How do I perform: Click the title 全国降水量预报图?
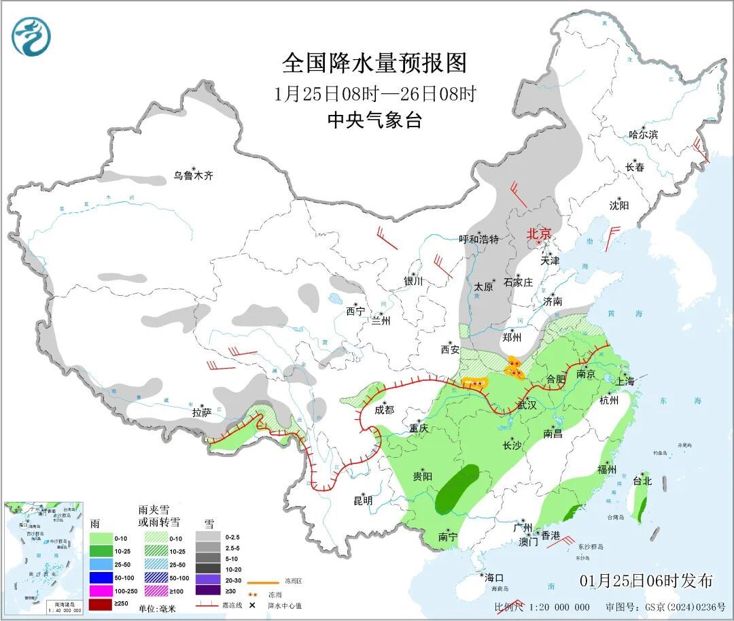point(374,63)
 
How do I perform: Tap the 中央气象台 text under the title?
point(374,120)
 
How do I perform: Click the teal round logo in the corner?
point(31,37)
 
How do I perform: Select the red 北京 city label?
point(541,234)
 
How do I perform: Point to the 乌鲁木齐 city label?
point(192,175)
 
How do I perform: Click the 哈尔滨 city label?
point(643,135)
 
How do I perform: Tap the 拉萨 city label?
point(202,412)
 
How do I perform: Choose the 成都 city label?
point(384,409)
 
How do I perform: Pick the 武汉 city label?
point(527,405)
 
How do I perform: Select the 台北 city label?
point(642,481)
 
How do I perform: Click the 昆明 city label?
point(363,501)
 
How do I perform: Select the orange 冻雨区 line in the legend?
point(262,583)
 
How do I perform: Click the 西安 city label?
point(450,350)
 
